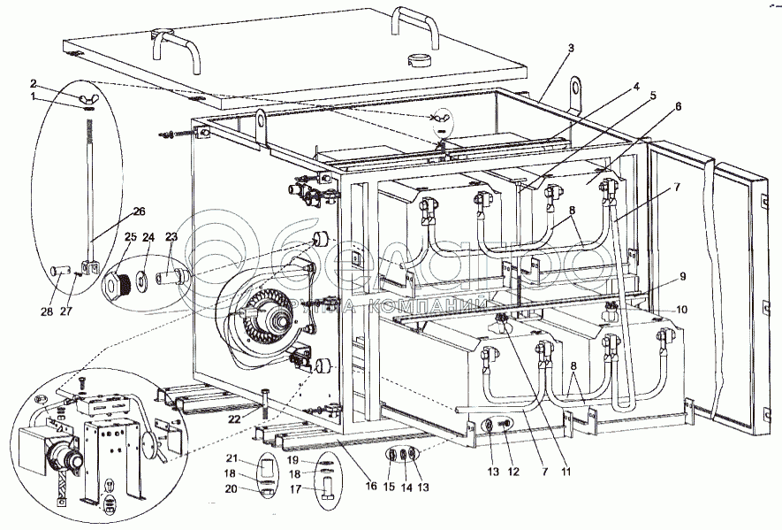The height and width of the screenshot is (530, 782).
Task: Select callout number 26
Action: [140, 211]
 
